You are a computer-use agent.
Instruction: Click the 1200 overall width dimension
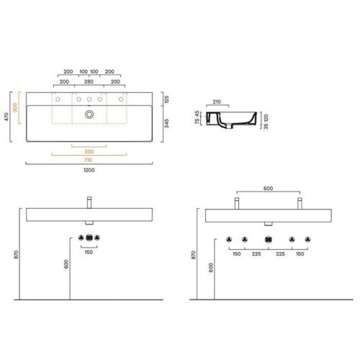coord(89,170)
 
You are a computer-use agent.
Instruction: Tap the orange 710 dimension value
coord(89,160)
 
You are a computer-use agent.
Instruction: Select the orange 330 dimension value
coord(89,151)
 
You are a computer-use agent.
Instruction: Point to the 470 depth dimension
coord(6,117)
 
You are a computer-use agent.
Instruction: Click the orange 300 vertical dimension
coord(15,107)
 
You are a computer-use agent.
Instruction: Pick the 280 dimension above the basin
coord(89,81)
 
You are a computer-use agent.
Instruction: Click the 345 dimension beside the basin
coord(166,123)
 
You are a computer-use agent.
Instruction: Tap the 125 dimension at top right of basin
coord(166,99)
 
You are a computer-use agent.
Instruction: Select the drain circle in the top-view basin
coord(89,114)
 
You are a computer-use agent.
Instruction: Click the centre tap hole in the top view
coord(89,99)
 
